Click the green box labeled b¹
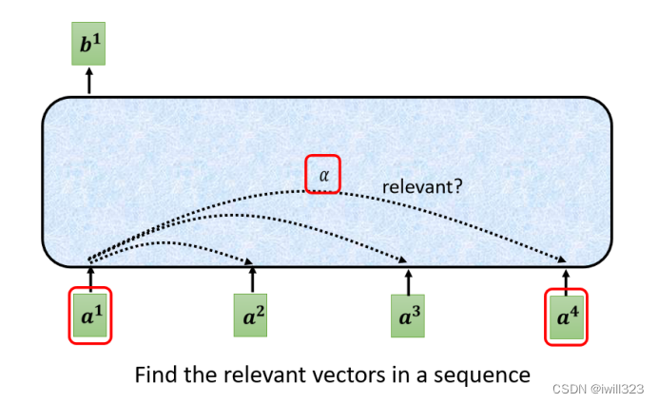tap(89, 43)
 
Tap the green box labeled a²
tap(252, 315)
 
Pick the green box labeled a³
tap(409, 315)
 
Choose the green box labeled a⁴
tap(567, 315)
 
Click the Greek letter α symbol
tap(322, 175)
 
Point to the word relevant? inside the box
tap(422, 186)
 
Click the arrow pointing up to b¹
tap(89, 81)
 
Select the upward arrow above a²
tap(252, 279)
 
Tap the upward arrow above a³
tap(409, 279)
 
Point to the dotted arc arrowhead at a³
tap(406, 260)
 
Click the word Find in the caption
tap(156, 374)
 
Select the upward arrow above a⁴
tap(567, 277)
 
